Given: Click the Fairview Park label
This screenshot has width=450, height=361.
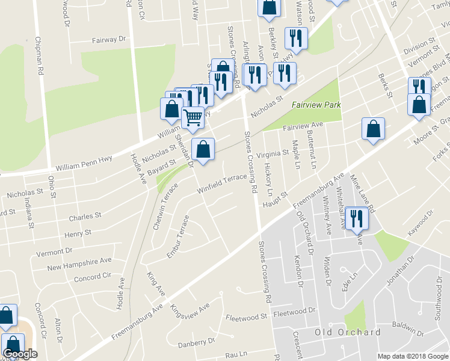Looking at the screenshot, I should pos(316,105).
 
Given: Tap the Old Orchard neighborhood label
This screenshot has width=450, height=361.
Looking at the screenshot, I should pos(348,332).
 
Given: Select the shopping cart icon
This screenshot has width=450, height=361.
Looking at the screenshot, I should pos(193,117).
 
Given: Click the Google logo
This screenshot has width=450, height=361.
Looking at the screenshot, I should pos(20,354).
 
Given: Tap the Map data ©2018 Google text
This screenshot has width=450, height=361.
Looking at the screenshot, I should pos(413,356).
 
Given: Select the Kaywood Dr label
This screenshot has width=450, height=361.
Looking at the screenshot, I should pos(420,223).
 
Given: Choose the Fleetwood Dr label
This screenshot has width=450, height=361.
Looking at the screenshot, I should pos(295,312).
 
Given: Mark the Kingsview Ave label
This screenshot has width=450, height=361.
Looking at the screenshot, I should pos(190,312).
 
